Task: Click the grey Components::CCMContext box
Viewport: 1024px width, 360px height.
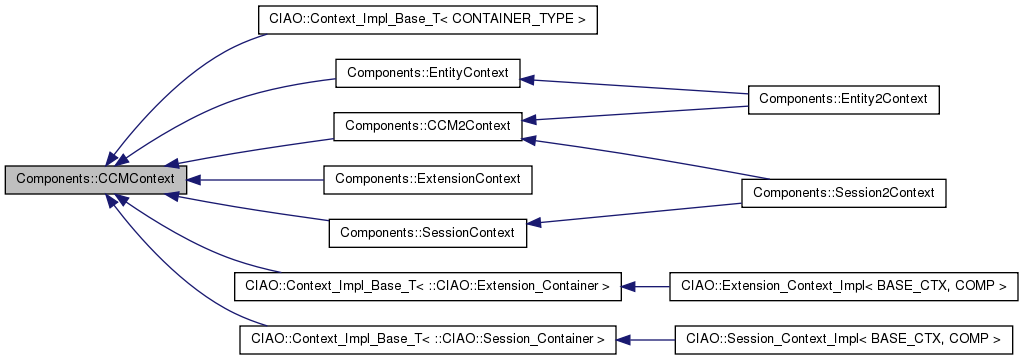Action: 95,180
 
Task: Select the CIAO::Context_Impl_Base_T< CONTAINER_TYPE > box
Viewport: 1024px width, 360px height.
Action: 427,20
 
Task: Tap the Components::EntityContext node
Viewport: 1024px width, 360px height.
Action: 427,73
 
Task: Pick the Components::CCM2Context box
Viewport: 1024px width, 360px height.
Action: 427,126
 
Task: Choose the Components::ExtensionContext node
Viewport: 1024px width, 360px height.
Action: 427,180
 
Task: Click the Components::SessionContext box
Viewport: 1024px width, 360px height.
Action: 427,233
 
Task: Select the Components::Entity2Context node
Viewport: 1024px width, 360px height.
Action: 843,99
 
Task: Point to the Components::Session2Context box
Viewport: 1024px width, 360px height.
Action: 843,192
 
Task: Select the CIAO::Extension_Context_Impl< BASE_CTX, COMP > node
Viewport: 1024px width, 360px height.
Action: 843,286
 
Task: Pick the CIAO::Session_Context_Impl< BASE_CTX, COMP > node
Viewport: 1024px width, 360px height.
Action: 843,340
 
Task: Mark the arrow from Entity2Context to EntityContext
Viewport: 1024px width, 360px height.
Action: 640,86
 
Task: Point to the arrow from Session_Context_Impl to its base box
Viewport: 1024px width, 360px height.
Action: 646,340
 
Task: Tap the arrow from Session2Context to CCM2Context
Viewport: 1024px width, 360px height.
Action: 640,159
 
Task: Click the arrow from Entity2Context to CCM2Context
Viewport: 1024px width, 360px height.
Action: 640,112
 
